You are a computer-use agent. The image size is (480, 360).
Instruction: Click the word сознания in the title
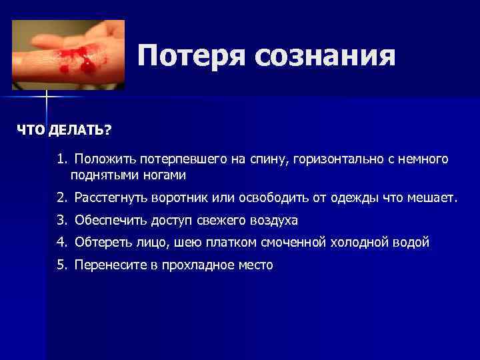point(325,56)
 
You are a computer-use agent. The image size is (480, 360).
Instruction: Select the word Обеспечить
point(108,220)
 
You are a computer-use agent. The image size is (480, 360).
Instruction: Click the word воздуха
point(273,220)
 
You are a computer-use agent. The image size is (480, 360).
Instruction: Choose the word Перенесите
point(108,265)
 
